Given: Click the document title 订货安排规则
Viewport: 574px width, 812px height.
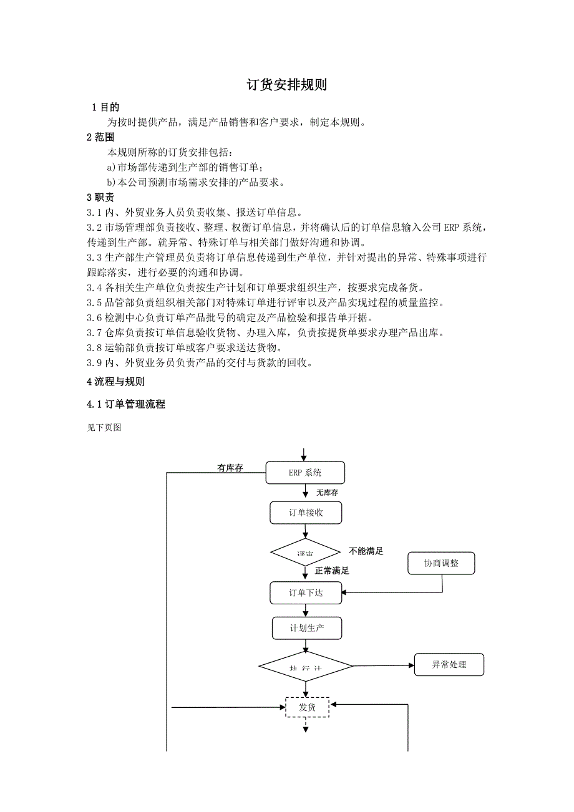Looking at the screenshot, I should click(287, 85).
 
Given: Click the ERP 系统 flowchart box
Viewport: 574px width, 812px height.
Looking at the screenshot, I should click(305, 473).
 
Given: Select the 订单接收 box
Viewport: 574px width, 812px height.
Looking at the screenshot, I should click(306, 513).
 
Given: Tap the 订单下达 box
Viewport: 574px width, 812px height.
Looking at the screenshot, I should click(306, 592).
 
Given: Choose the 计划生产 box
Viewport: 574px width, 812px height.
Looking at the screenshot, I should click(306, 628).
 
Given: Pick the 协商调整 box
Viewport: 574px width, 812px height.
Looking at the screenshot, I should click(441, 563).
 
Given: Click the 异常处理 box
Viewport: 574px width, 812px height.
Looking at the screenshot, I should click(449, 665).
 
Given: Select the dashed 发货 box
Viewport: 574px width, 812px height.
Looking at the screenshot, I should click(307, 707).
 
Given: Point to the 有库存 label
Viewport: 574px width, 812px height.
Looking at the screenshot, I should click(230, 468).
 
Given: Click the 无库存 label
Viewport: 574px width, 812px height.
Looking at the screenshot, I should click(327, 493).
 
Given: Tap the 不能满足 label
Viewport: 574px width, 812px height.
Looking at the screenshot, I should click(366, 551).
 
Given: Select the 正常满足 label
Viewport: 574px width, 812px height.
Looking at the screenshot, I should click(332, 570).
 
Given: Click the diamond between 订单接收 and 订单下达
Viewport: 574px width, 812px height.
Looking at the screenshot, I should click(305, 553).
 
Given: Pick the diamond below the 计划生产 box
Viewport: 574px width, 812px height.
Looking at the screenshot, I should click(306, 666).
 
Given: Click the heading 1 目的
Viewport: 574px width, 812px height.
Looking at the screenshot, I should click(105, 108).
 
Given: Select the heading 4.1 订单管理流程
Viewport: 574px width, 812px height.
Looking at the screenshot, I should click(126, 404).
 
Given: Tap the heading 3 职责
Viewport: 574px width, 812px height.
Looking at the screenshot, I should click(100, 198).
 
